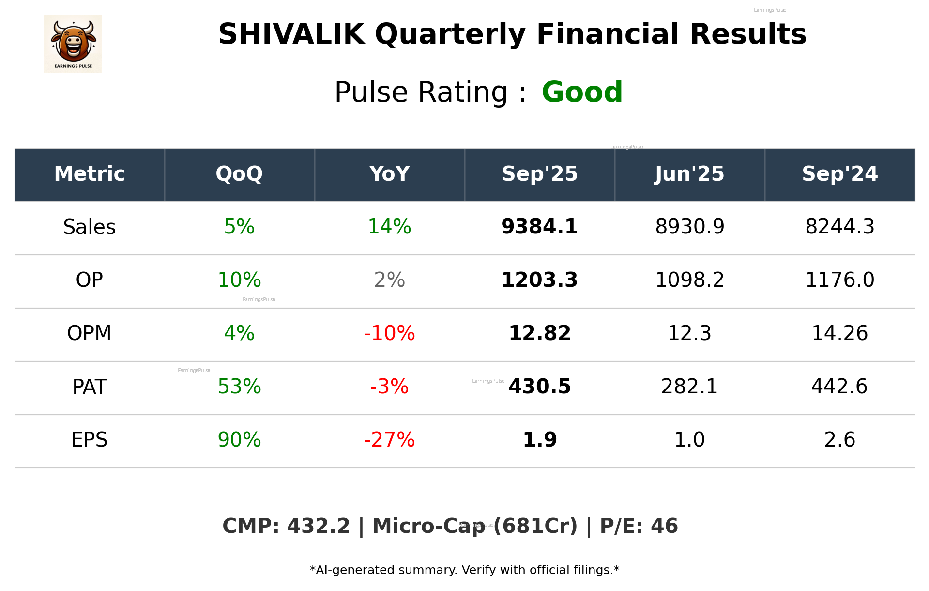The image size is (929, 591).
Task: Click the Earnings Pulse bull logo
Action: pos(73,43)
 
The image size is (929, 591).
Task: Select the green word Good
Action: pos(582,92)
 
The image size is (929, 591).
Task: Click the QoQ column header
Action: pos(239,174)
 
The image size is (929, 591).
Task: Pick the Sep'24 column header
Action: pos(839,174)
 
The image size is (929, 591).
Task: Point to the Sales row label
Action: pos(90,227)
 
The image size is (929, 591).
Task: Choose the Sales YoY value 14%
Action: pos(389,227)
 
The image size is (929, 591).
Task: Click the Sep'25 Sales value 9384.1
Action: pos(539,227)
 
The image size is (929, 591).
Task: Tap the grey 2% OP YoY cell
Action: pos(389,280)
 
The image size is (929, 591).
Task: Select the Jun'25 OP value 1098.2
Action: pos(689,280)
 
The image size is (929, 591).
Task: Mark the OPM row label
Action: pos(90,333)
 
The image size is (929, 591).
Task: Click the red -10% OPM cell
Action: pos(389,333)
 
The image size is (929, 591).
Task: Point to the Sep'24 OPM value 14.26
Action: pos(839,333)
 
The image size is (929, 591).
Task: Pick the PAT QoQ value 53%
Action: pos(239,387)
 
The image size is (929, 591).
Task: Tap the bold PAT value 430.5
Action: pos(539,387)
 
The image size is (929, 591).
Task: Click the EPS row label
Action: pos(90,440)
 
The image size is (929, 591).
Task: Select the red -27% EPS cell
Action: pos(389,440)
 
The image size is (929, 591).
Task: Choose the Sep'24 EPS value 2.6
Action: pos(839,440)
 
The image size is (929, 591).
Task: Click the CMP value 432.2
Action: pos(318,526)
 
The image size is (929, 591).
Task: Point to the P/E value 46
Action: pos(664,526)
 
